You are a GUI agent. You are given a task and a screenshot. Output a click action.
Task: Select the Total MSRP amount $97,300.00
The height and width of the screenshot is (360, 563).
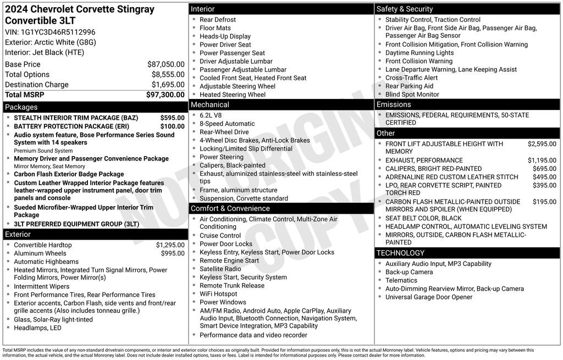tap(165, 95)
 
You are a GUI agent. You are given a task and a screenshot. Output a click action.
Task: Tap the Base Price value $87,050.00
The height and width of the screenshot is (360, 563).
tap(165, 64)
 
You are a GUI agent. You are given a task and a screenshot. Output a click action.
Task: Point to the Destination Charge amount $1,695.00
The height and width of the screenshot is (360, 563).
tap(168, 85)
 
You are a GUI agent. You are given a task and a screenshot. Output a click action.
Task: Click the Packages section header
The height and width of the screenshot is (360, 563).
tap(21, 107)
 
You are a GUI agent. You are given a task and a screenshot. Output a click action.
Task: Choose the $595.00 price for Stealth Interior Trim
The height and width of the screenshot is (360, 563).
tap(172, 118)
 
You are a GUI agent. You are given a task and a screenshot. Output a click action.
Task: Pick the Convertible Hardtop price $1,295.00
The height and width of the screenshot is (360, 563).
tap(170, 245)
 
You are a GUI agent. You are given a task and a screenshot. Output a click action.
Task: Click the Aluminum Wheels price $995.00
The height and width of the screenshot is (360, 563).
tap(173, 253)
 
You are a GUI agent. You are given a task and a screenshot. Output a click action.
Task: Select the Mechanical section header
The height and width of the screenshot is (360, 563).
tap(210, 104)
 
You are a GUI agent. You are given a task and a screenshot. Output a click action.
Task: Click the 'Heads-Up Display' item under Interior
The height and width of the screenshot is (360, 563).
tap(225, 36)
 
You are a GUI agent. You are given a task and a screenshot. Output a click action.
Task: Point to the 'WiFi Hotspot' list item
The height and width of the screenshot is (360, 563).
tap(218, 294)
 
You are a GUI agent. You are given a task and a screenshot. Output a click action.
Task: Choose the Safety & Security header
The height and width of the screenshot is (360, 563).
tap(405, 9)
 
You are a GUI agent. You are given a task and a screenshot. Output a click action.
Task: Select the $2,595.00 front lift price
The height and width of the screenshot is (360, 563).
tap(542, 144)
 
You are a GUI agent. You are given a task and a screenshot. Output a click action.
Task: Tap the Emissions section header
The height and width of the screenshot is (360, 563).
tap(394, 104)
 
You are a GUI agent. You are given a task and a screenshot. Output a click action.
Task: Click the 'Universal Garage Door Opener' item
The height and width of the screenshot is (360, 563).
tap(429, 297)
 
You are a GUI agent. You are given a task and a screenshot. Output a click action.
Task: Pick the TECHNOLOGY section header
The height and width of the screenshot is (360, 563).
tap(400, 253)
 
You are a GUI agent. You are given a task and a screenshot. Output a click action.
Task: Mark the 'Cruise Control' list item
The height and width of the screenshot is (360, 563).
tap(220, 236)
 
